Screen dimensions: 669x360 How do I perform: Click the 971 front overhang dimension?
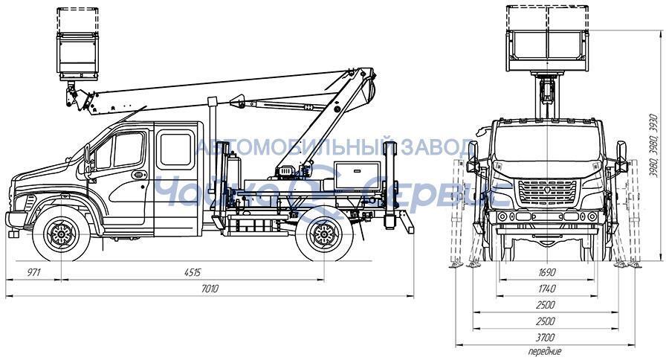pos(33,272)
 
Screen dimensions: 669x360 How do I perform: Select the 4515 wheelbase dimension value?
pos(193,272)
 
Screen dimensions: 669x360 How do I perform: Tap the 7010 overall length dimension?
pos(210,289)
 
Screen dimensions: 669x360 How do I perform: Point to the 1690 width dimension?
pos(546,272)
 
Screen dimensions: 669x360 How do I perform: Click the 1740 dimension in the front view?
pos(546,289)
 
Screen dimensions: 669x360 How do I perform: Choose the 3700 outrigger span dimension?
pos(546,338)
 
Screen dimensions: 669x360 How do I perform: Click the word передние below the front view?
pos(546,352)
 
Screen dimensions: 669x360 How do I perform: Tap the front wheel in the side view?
pos(62,234)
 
